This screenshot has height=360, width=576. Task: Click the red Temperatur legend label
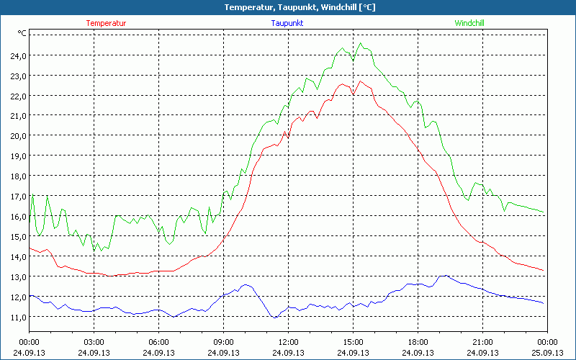106,23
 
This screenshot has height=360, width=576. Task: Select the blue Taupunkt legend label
287,23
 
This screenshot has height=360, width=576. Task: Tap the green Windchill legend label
469,23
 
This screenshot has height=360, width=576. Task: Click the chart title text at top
288,7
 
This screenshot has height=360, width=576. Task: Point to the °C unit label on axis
22,33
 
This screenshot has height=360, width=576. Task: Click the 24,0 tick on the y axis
18,55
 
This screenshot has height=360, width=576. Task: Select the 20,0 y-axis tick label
18,135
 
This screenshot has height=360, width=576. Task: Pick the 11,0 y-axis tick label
18,317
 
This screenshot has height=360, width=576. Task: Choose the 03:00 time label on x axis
94,342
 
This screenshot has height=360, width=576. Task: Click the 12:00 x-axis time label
288,342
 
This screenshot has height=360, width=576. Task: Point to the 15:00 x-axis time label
353,342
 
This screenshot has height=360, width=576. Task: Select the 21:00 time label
482,342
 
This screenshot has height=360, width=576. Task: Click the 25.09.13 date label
547,353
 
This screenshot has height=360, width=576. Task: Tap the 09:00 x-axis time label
223,342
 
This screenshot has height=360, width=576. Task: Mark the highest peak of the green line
361,43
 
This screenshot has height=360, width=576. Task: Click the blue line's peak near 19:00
444,275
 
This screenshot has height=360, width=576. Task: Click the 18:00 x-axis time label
418,342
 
